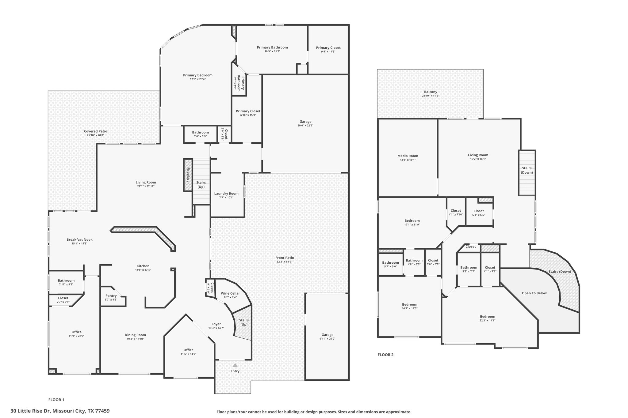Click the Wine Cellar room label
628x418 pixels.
pyautogui.click(x=230, y=293)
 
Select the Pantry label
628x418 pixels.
pyautogui.click(x=111, y=296)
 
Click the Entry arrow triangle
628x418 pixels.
pyautogui.click(x=235, y=365)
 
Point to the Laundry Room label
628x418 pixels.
pyautogui.click(x=226, y=194)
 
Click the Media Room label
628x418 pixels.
pyautogui.click(x=408, y=156)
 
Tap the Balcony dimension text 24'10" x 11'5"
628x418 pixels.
pyautogui.click(x=431, y=96)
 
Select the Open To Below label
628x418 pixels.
pyautogui.click(x=534, y=293)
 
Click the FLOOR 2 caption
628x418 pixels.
pyautogui.click(x=385, y=355)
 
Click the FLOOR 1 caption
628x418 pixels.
pyautogui.click(x=56, y=400)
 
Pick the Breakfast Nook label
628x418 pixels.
pyautogui.click(x=79, y=240)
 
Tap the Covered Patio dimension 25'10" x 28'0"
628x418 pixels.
pyautogui.click(x=96, y=135)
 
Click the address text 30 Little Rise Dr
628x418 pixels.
pyautogui.click(x=31, y=411)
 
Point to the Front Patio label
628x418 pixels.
pyautogui.click(x=285, y=258)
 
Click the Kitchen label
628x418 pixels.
pyautogui.click(x=143, y=266)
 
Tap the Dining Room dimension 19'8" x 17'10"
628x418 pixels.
pyautogui.click(x=135, y=339)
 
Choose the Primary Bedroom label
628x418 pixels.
pyautogui.click(x=198, y=75)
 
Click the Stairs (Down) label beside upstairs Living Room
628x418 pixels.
pyautogui.click(x=527, y=170)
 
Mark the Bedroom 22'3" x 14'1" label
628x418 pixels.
pyautogui.click(x=488, y=318)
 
